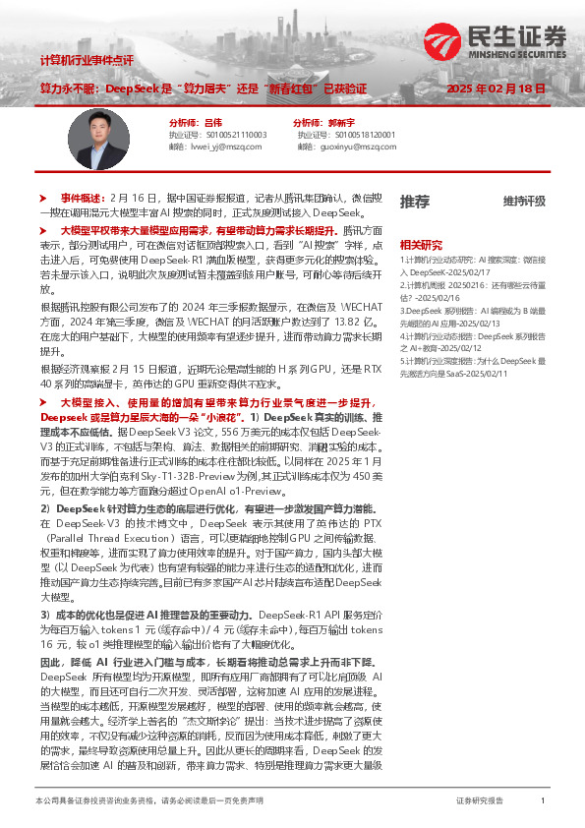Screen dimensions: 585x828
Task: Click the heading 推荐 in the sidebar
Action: click(x=414, y=201)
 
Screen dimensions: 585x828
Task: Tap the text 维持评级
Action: click(x=524, y=202)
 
